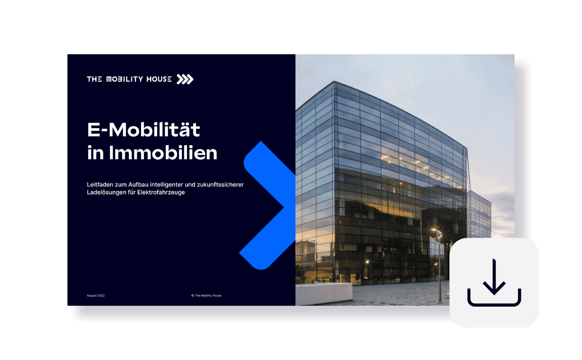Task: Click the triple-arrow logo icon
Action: [185, 79]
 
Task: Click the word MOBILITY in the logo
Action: [125, 79]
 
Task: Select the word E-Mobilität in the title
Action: [144, 131]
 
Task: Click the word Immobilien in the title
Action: [163, 153]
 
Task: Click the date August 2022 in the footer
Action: [96, 295]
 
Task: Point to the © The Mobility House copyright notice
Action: [206, 295]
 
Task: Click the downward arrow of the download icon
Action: [494, 278]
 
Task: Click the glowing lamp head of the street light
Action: [435, 230]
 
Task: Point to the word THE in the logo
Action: [94, 79]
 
